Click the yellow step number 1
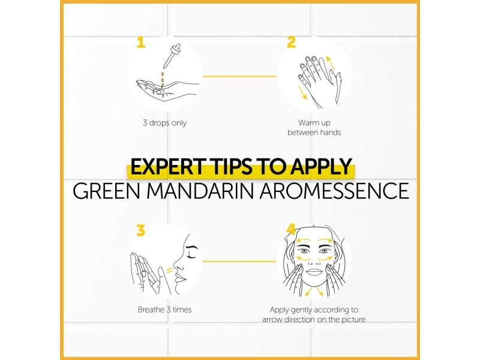pyautogui.click(x=141, y=43)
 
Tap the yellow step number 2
pyautogui.click(x=291, y=43)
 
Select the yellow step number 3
pyautogui.click(x=140, y=230)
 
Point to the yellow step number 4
pyautogui.click(x=291, y=230)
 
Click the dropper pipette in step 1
pyautogui.click(x=171, y=56)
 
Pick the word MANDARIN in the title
pyautogui.click(x=200, y=191)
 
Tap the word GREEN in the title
pyautogui.click(x=107, y=191)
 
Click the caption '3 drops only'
pyautogui.click(x=164, y=123)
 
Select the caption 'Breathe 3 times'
pyautogui.click(x=164, y=310)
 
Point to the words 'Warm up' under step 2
pyautogui.click(x=314, y=123)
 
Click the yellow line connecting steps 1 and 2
pyautogui.click(x=239, y=76)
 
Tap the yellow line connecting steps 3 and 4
pyautogui.click(x=239, y=262)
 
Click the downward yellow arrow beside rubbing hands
pyautogui.click(x=302, y=92)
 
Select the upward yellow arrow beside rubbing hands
pyautogui.click(x=330, y=63)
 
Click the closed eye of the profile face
pyautogui.click(x=192, y=254)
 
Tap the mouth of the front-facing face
pyautogui.click(x=313, y=272)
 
